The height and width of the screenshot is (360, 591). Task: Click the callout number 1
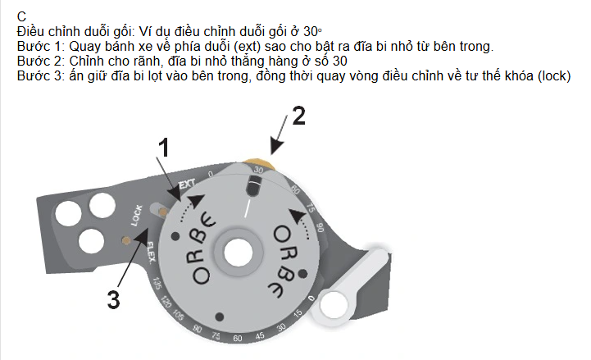(x=164, y=147)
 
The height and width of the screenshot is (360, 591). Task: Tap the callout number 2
(x=299, y=116)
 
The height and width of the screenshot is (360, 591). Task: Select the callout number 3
(x=113, y=300)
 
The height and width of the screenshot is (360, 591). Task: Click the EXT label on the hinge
(x=187, y=184)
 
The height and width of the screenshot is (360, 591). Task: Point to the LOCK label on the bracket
(x=136, y=215)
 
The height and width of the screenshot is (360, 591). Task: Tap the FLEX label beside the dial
(x=150, y=253)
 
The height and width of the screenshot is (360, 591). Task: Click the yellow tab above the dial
(x=259, y=164)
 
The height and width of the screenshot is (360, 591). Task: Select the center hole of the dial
(x=238, y=253)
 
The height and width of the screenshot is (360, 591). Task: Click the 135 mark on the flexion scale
(x=157, y=284)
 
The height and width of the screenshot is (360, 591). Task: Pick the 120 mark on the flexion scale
(x=166, y=302)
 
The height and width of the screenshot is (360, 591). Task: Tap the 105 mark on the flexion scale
(x=178, y=315)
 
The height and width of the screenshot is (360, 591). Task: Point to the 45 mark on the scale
(x=260, y=335)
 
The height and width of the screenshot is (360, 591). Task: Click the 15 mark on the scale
(x=298, y=313)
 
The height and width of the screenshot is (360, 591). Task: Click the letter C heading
(x=21, y=16)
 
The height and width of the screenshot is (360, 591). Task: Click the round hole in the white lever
(x=334, y=304)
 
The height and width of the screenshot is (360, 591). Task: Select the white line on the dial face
(x=248, y=208)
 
